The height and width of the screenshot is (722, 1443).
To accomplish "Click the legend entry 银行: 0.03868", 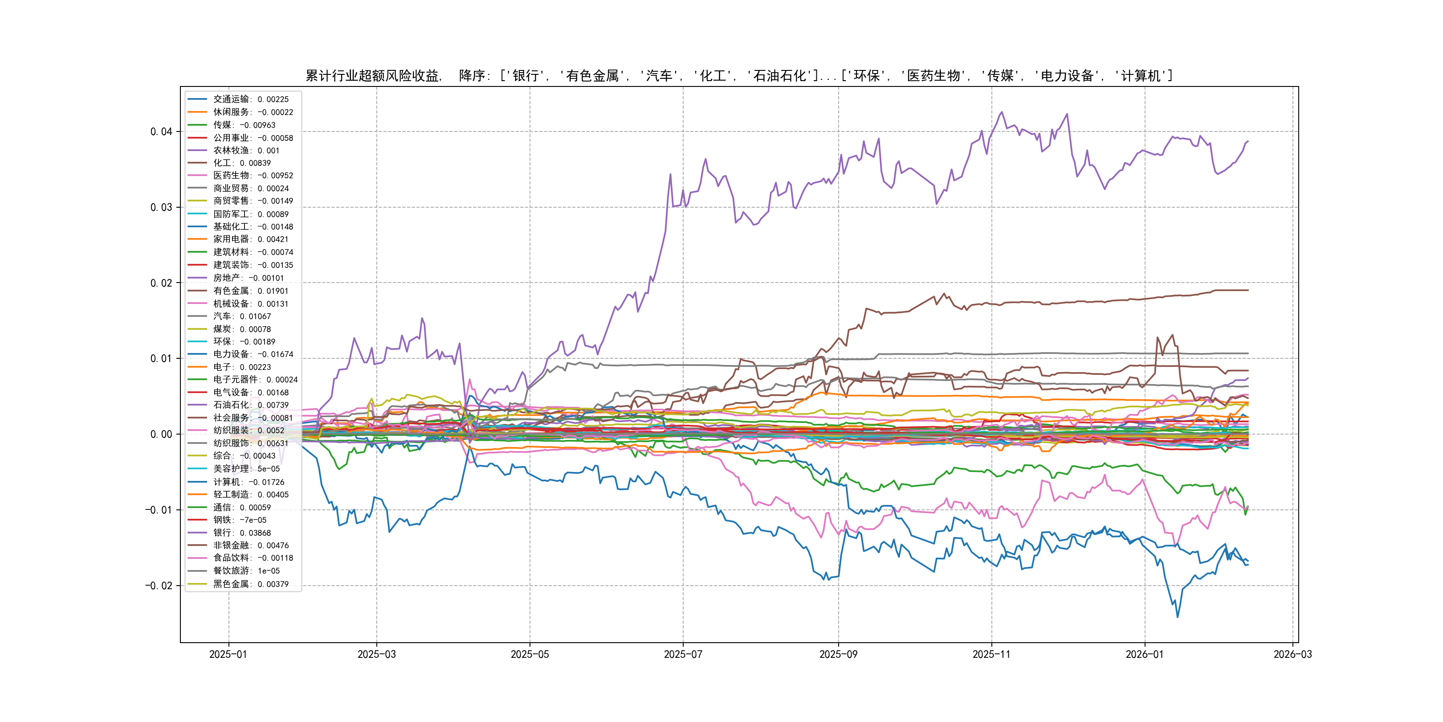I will click(x=242, y=533).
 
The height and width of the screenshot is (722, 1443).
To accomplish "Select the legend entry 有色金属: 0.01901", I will click(x=250, y=291).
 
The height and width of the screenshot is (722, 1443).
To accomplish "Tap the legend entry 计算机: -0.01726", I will click(x=249, y=481).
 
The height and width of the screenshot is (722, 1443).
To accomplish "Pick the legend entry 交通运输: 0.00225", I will click(x=251, y=99).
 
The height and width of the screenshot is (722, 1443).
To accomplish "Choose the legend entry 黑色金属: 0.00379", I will click(x=251, y=583).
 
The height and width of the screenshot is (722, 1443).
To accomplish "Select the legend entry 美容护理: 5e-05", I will click(x=246, y=468).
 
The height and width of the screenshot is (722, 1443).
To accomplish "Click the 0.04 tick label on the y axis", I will click(x=161, y=132).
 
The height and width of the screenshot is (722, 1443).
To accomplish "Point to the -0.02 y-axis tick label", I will click(x=159, y=586).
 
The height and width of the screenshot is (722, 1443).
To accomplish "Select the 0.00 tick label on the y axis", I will click(x=161, y=435).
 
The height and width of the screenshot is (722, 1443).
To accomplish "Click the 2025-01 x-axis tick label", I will click(x=228, y=654).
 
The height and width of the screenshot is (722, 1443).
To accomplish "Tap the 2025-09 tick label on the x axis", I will click(x=838, y=654).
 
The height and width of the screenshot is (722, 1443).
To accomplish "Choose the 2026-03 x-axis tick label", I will click(x=1292, y=654).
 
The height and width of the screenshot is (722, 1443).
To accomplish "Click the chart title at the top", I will click(x=739, y=76).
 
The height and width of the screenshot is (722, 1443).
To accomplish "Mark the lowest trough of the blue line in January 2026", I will click(x=1178, y=617).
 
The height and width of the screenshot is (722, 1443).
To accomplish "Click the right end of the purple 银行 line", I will click(x=1248, y=141).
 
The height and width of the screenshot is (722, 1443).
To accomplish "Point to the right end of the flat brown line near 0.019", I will click(x=1248, y=291).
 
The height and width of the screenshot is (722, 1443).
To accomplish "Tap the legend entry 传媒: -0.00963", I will click(x=244, y=125).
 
